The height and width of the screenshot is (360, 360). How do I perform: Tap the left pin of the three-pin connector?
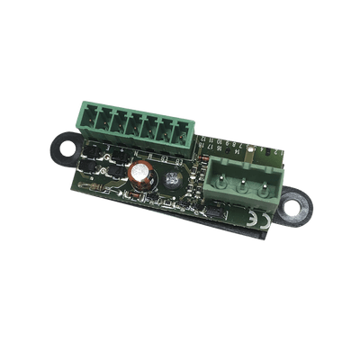(221, 174)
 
